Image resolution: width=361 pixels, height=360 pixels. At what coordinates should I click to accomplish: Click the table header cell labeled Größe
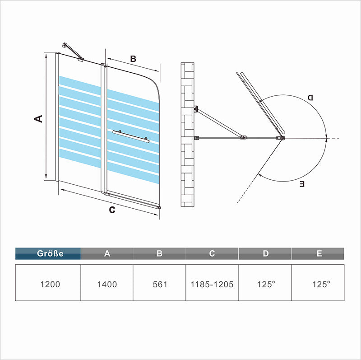(48, 253)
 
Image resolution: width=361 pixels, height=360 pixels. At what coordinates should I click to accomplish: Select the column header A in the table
(107, 253)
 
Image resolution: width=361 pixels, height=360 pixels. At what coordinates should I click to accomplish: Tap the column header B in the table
(159, 253)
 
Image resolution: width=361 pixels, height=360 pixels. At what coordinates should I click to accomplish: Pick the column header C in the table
(212, 253)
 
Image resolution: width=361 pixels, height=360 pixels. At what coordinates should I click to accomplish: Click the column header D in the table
(265, 253)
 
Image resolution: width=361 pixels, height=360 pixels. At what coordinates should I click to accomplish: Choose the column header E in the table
(319, 253)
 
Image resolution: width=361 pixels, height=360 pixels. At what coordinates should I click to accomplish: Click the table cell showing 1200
(48, 284)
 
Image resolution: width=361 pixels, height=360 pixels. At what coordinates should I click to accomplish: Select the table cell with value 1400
(107, 284)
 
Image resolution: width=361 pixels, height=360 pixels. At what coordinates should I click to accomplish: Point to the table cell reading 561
(159, 284)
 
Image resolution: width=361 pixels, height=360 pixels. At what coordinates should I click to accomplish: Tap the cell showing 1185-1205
(212, 284)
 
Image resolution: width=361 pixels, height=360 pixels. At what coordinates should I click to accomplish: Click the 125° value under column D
(265, 284)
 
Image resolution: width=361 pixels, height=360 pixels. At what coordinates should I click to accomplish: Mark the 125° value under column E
(319, 284)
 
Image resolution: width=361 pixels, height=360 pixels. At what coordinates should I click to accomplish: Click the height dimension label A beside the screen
(38, 118)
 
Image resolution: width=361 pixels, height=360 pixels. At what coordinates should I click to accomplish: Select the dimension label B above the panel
(133, 59)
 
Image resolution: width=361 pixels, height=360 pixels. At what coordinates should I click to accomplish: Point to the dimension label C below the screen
(112, 209)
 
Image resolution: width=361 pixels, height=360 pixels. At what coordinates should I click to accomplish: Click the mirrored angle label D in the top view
(310, 98)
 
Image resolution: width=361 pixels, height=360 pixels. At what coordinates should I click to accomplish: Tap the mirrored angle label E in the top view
(302, 184)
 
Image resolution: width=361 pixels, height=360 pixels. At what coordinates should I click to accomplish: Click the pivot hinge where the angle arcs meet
(282, 138)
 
